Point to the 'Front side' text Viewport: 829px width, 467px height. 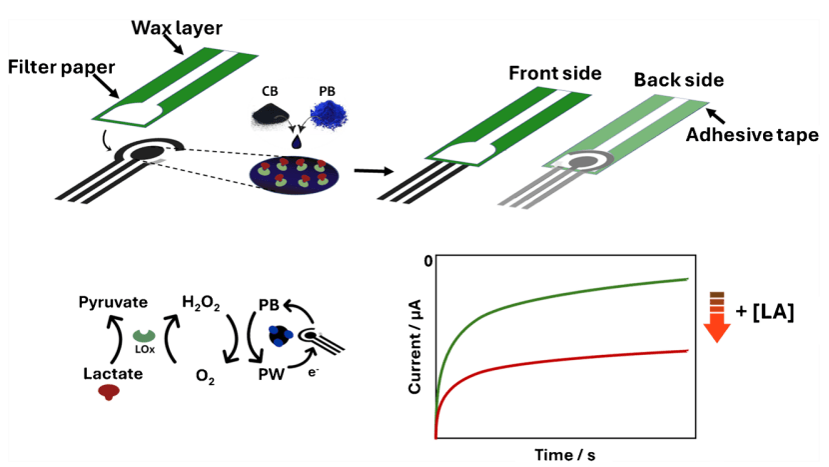554,74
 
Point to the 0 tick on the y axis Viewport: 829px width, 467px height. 426,261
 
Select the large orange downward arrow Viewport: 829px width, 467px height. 716,330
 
